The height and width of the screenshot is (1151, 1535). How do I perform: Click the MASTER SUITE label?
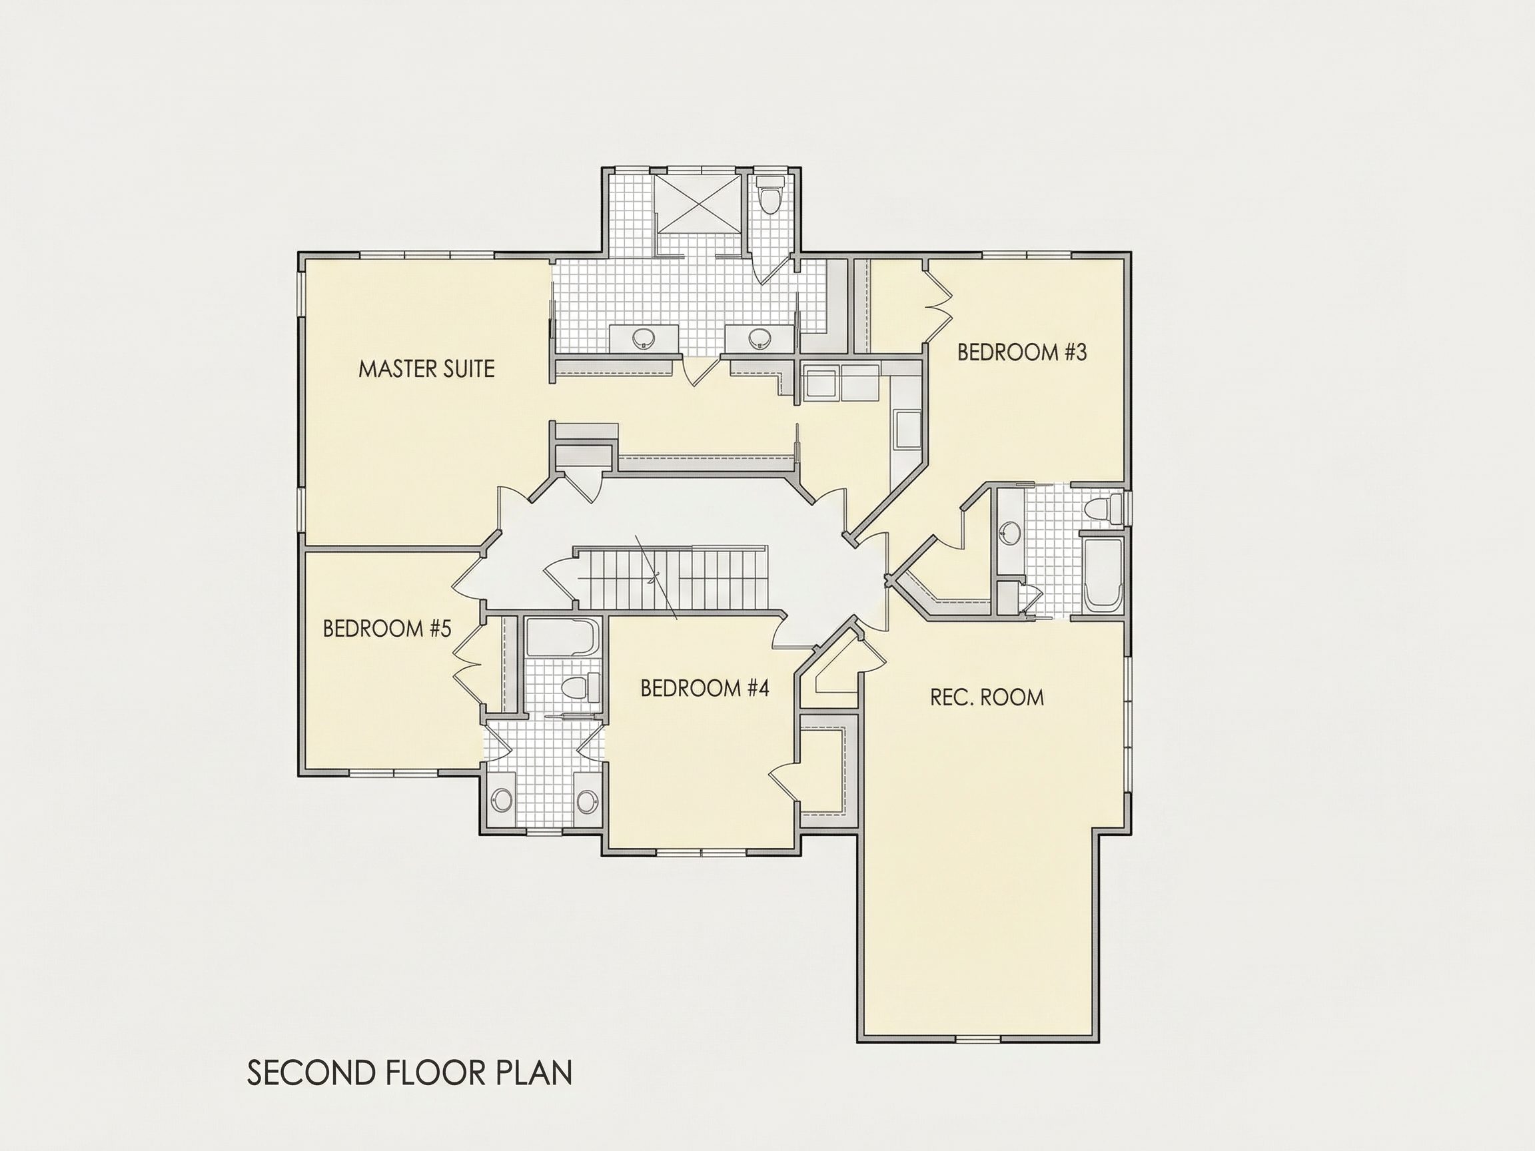[426, 368]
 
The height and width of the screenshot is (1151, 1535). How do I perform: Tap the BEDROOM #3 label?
[1021, 352]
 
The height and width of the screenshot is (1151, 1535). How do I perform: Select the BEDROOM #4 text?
[704, 688]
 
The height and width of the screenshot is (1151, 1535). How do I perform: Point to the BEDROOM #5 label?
[387, 629]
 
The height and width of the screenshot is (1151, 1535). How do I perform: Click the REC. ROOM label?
[987, 697]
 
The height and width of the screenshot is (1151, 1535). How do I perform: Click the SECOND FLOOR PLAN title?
[410, 1072]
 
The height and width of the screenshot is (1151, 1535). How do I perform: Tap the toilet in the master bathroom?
[769, 194]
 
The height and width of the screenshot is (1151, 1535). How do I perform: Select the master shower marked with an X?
[699, 204]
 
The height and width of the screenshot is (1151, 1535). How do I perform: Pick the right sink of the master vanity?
[760, 338]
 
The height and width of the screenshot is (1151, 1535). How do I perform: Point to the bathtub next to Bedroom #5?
[562, 637]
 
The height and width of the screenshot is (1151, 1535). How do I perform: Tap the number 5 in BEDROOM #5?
[445, 629]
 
